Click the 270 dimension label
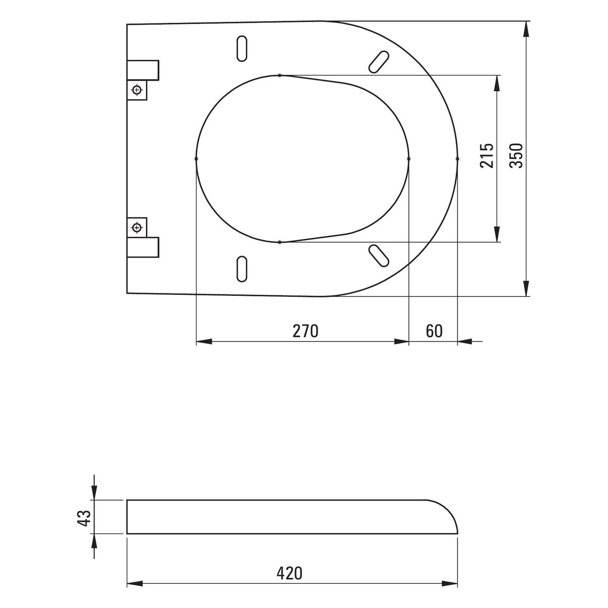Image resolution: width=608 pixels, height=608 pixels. click(305, 331)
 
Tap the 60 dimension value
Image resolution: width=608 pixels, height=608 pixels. click(434, 331)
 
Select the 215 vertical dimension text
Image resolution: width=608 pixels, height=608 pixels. click(486, 156)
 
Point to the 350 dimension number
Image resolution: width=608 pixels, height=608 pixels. click(516, 156)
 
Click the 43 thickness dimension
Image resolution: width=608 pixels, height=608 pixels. click(84, 518)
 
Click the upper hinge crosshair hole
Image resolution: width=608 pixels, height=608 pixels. click(137, 90)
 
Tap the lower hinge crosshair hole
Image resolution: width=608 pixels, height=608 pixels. click(137, 227)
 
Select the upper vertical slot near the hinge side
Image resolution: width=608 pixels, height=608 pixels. click(242, 49)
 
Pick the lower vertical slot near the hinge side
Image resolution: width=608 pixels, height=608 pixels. click(242, 269)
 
